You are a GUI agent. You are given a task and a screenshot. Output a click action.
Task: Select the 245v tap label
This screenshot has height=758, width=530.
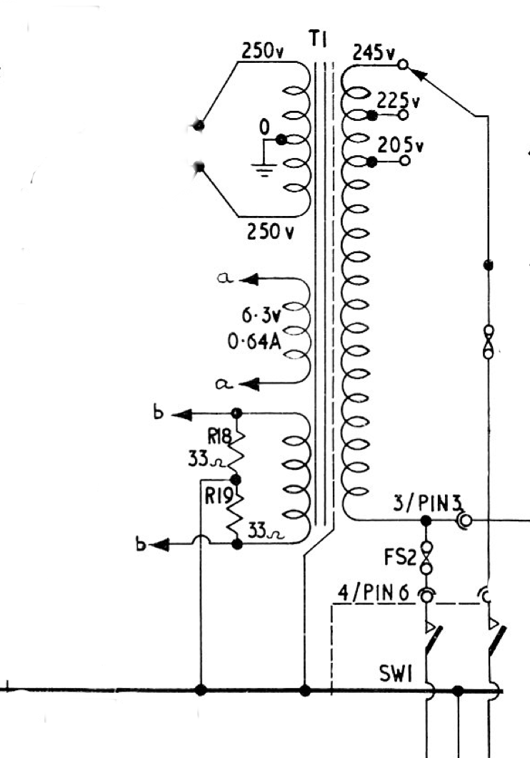[x=374, y=52]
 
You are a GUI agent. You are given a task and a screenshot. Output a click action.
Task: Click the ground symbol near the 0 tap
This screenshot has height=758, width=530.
[x=262, y=169]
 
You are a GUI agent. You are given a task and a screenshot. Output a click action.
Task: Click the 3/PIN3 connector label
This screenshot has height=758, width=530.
[x=424, y=504]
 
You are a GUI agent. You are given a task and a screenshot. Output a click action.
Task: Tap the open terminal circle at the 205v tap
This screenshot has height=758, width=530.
[x=405, y=161]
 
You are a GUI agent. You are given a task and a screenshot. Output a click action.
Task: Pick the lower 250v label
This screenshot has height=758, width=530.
[x=269, y=232]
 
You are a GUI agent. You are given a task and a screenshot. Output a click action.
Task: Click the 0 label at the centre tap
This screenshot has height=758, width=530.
[x=264, y=129]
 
